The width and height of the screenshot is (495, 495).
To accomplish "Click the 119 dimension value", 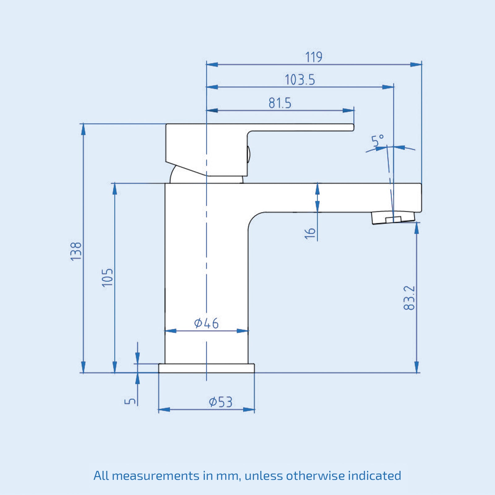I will coord(313,57).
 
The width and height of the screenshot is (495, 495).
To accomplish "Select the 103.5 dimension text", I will coord(299,80).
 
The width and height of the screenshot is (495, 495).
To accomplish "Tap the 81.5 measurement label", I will coord(280,103).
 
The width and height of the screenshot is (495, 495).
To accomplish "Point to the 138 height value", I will coord(76,251).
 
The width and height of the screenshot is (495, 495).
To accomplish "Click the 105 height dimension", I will coord(108,278).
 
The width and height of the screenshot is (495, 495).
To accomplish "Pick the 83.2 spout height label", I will coord(409,298).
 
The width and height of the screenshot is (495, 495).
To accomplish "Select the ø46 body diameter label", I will coord(206,323).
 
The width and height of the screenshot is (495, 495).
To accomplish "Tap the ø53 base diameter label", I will coord(220,402).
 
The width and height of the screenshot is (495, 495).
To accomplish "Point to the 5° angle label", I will coord(377,140).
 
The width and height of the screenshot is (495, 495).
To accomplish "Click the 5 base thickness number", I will coord(130,401).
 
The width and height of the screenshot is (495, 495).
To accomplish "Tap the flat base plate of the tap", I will coord(206,368).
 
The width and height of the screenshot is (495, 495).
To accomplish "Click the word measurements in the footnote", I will coord(156,476).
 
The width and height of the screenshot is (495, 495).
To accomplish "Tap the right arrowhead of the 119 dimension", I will coord(416,65).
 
